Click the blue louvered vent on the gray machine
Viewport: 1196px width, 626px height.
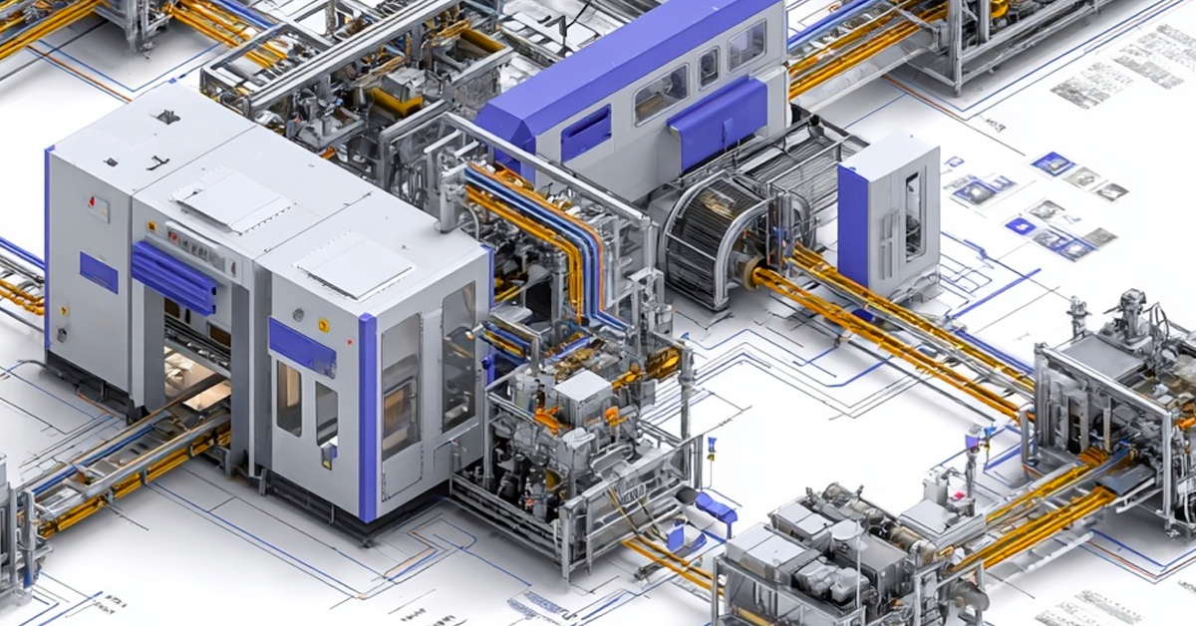click(173, 276)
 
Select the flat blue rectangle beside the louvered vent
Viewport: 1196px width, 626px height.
click(99, 272)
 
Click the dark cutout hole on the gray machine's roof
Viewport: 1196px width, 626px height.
click(166, 117)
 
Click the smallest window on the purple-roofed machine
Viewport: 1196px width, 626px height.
click(708, 68)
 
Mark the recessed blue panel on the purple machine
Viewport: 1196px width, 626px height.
click(585, 133)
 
